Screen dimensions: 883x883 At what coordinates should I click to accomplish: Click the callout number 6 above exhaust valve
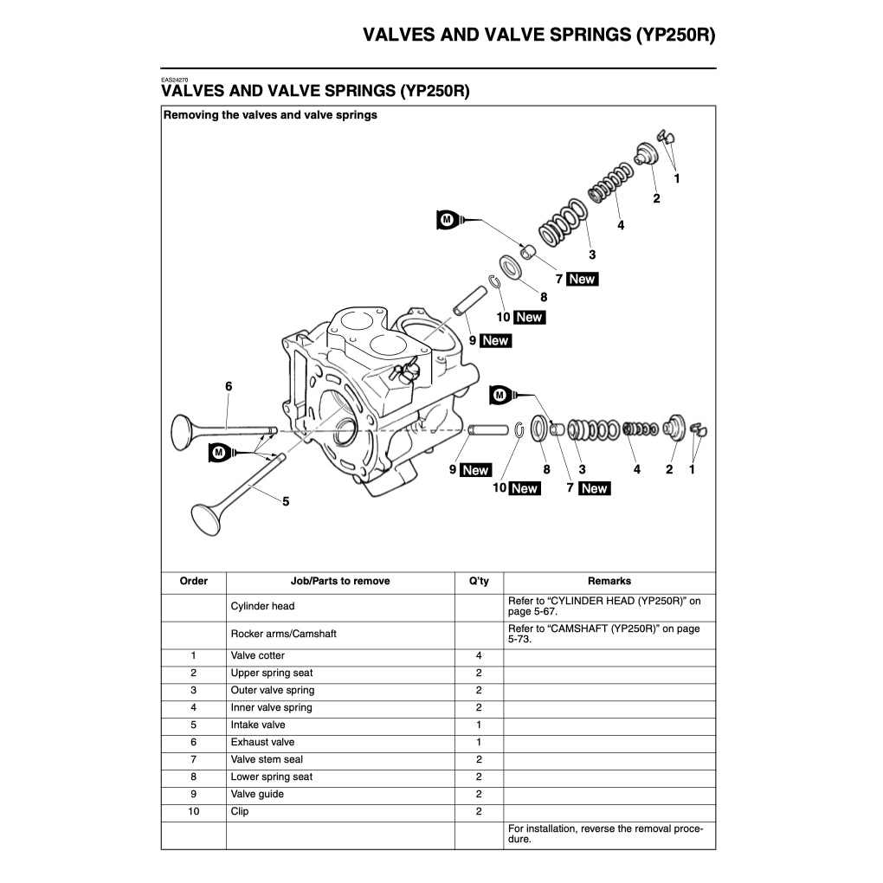pyautogui.click(x=229, y=386)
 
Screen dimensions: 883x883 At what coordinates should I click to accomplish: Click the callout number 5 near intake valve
pyautogui.click(x=286, y=501)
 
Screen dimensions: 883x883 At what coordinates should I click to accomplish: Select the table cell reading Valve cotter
pyautogui.click(x=258, y=655)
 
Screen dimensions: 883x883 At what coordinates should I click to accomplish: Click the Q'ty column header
pyautogui.click(x=479, y=581)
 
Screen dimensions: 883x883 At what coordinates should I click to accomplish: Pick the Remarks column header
pyautogui.click(x=609, y=581)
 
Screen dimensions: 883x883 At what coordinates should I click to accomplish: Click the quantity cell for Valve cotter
pyautogui.click(x=479, y=655)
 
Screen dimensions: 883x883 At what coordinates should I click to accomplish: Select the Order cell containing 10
pyautogui.click(x=193, y=811)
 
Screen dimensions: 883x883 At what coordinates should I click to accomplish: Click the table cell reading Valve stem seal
pyautogui.click(x=267, y=759)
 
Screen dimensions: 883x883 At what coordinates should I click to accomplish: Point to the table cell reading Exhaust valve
pyautogui.click(x=262, y=742)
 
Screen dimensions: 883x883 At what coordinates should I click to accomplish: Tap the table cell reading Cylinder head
pyautogui.click(x=262, y=606)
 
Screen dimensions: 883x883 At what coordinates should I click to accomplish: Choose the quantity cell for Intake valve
pyautogui.click(x=479, y=725)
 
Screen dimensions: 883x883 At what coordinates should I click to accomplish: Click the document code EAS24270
pyautogui.click(x=174, y=79)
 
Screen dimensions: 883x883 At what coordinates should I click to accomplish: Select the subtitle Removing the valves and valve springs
pyautogui.click(x=270, y=114)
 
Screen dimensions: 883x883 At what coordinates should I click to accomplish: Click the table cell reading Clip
pyautogui.click(x=240, y=811)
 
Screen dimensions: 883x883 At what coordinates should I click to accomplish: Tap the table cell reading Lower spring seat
pyautogui.click(x=271, y=777)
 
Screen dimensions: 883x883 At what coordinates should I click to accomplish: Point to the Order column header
pyautogui.click(x=193, y=581)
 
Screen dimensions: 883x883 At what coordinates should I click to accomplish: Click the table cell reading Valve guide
pyautogui.click(x=257, y=794)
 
